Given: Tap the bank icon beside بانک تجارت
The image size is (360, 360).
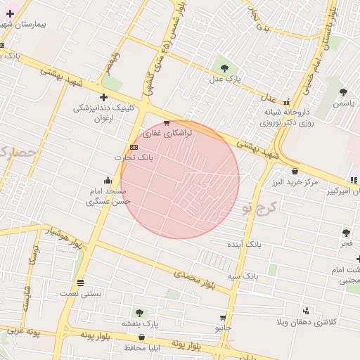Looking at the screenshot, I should (x=134, y=147).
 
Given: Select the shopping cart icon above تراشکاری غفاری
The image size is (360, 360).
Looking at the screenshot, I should (x=166, y=123).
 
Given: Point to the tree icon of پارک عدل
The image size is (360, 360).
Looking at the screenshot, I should (x=224, y=68).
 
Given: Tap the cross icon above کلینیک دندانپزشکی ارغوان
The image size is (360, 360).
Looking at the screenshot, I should (x=103, y=97).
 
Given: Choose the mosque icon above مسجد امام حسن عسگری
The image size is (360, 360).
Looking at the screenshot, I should (x=107, y=180).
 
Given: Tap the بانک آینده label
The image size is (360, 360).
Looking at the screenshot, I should (x=243, y=244).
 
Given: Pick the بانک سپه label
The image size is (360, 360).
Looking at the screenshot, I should (x=243, y=276).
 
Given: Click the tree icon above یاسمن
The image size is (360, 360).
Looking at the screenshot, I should (x=343, y=92).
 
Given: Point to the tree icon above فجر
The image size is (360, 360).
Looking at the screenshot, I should (x=346, y=232).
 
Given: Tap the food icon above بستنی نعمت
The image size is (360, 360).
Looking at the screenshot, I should (x=80, y=283).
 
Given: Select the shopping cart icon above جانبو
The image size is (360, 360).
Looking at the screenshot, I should (x=223, y=318).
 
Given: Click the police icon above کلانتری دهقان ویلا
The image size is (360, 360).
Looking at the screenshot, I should (x=306, y=310).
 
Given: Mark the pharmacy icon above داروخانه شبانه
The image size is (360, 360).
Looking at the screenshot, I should (x=285, y=101).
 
